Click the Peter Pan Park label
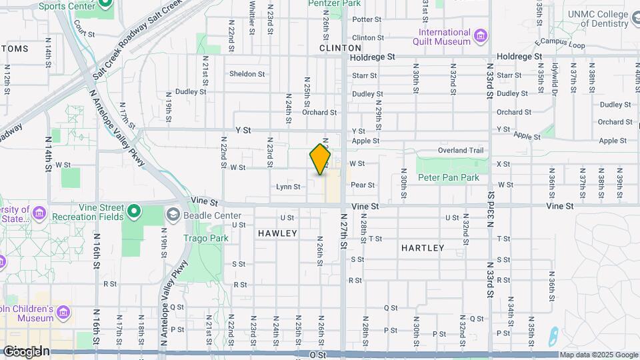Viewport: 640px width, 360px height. (449, 178)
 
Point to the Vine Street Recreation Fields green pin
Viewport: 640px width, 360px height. (134, 212)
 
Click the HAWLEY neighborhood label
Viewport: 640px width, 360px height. (277, 233)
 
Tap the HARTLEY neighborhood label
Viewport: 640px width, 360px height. (423, 248)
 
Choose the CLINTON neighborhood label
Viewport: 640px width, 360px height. (340, 48)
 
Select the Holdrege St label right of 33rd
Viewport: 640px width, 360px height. (520, 57)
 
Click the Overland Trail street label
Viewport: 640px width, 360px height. (461, 151)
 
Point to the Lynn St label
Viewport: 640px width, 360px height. (288, 187)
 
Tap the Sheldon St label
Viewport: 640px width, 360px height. (247, 74)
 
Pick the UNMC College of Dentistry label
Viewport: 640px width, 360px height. (598, 19)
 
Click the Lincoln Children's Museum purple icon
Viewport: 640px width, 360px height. (63, 311)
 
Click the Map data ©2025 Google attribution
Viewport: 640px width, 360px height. (599, 355)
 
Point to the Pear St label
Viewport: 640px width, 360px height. (363, 185)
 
